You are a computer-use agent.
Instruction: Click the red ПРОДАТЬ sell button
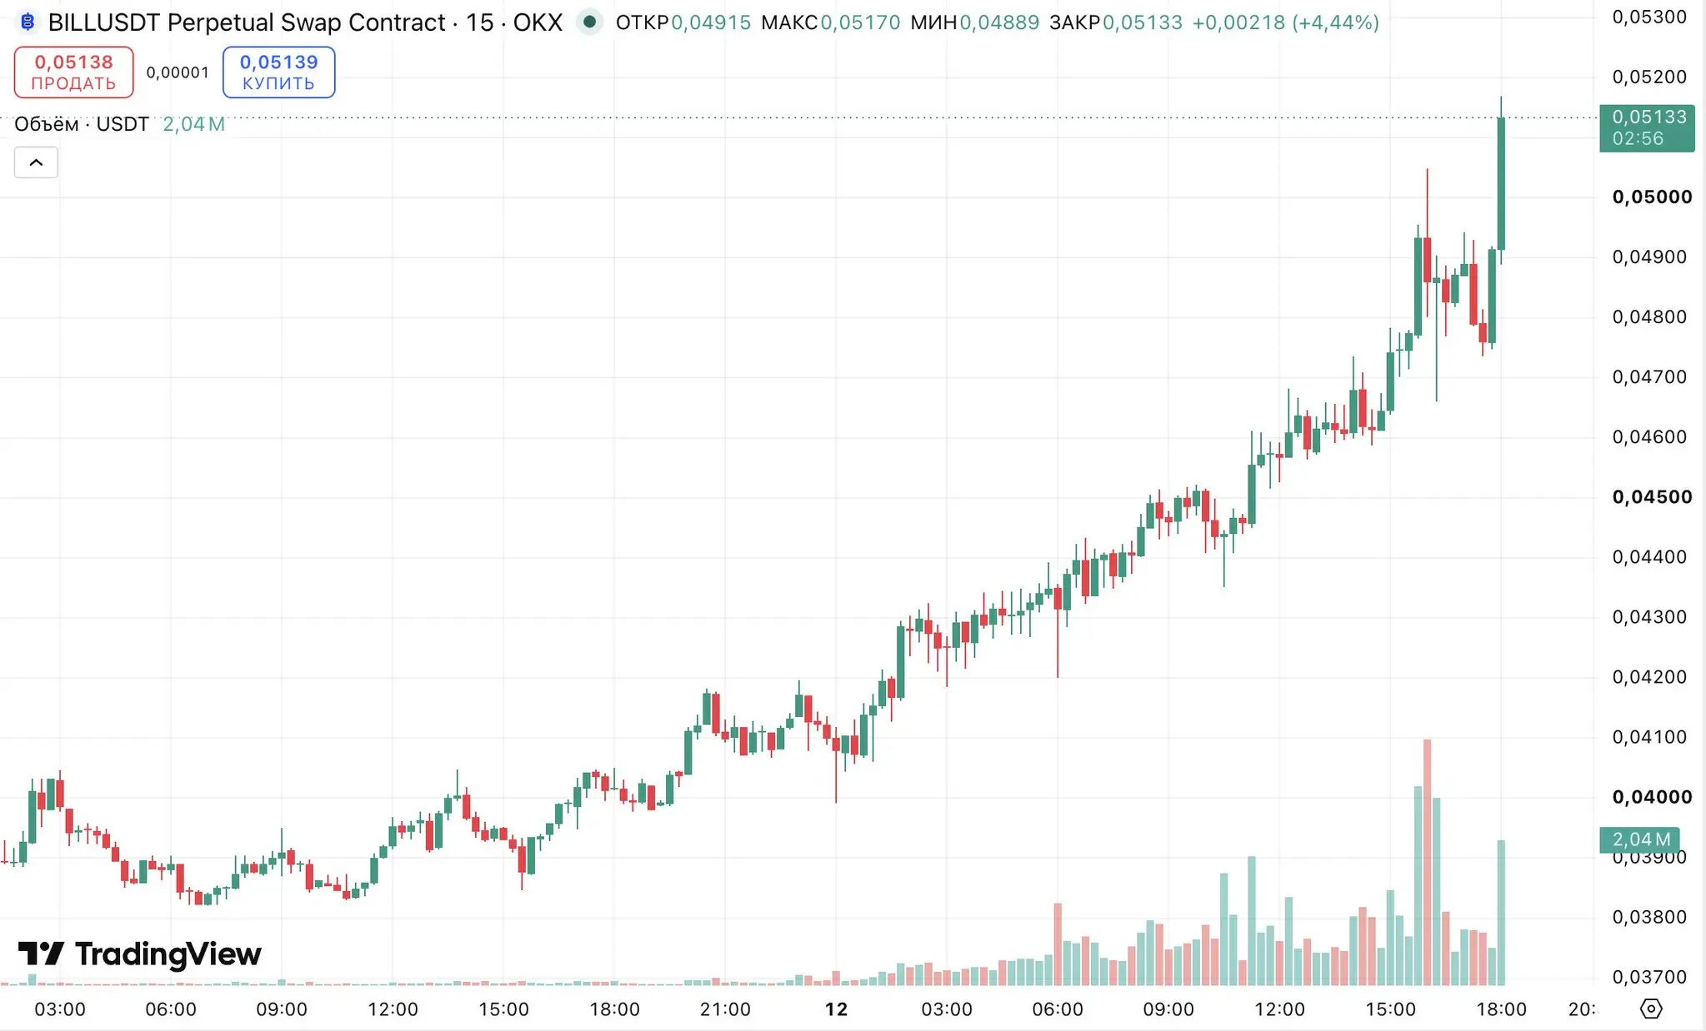pyautogui.click(x=73, y=72)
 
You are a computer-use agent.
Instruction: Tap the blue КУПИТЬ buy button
pyautogui.click(x=278, y=72)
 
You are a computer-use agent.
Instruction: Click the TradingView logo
pyautogui.click(x=139, y=954)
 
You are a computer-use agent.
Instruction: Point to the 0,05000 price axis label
pyautogui.click(x=1652, y=197)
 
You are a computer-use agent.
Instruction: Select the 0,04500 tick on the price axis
pyautogui.click(x=1652, y=496)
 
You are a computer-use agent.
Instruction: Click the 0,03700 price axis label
pyautogui.click(x=1649, y=976)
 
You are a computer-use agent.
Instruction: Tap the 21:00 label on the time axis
pyautogui.click(x=725, y=1009)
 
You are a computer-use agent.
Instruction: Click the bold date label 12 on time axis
pyautogui.click(x=836, y=1009)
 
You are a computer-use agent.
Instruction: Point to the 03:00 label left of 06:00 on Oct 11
pyautogui.click(x=60, y=1009)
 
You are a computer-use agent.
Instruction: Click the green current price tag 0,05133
pyautogui.click(x=1647, y=127)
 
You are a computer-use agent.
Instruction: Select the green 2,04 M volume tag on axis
pyautogui.click(x=1639, y=839)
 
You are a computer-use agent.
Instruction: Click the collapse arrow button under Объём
pyautogui.click(x=36, y=162)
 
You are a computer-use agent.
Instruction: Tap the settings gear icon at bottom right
pyautogui.click(x=1650, y=1009)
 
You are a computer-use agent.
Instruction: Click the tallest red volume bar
pyautogui.click(x=1427, y=862)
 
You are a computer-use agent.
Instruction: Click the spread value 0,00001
pyautogui.click(x=178, y=72)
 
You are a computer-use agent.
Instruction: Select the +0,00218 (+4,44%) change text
pyautogui.click(x=1285, y=22)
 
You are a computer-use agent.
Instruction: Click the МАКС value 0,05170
pyautogui.click(x=860, y=22)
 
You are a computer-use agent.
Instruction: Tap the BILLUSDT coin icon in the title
pyautogui.click(x=28, y=22)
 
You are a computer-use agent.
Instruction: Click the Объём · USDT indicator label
pyautogui.click(x=82, y=124)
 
